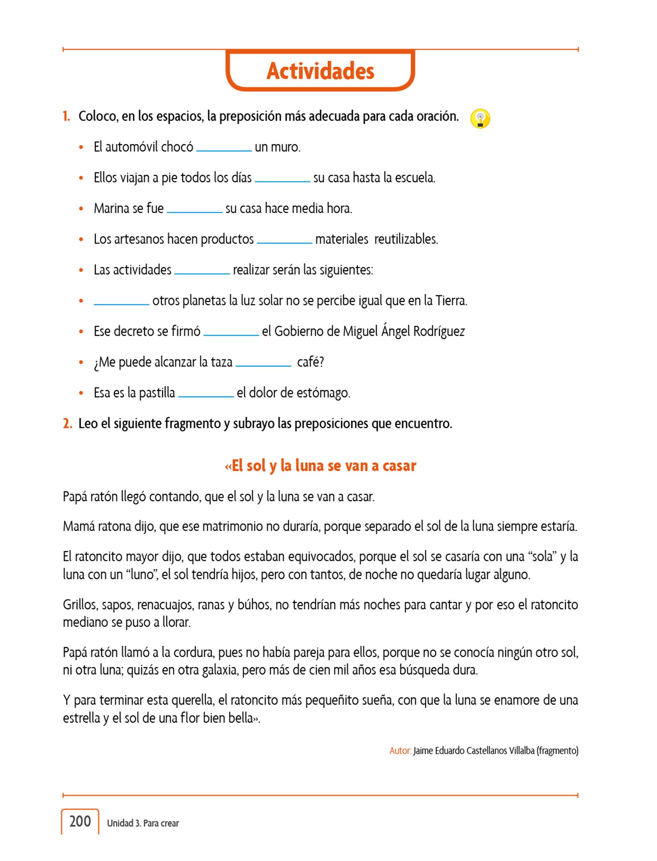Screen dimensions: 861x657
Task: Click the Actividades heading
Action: (320, 71)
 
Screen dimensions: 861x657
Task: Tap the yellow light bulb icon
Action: (480, 119)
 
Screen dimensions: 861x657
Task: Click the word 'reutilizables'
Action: (406, 239)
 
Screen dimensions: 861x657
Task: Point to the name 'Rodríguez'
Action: (439, 332)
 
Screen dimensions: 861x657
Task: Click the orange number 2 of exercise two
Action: (67, 424)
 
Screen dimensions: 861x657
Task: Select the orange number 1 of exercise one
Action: (66, 116)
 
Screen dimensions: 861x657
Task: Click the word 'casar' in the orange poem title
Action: (399, 466)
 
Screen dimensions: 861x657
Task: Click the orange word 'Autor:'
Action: (400, 751)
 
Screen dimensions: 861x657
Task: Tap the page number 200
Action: (80, 821)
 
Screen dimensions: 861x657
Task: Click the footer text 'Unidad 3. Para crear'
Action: (143, 823)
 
